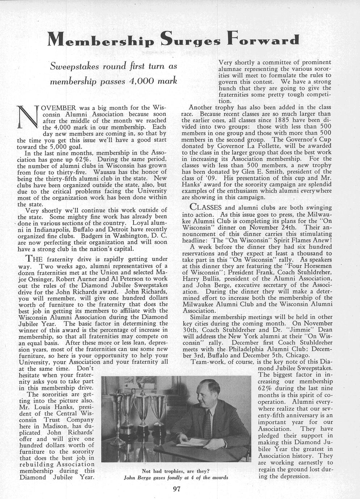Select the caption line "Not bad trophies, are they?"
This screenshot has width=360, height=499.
pos(176,471)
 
